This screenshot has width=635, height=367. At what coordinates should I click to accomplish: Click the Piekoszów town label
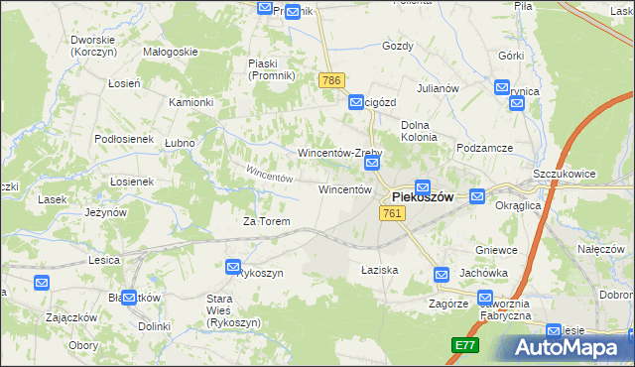pyautogui.click(x=423, y=197)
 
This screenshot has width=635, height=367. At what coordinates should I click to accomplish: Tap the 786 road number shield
pyautogui.click(x=331, y=79)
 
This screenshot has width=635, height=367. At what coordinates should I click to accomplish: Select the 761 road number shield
pyautogui.click(x=392, y=213)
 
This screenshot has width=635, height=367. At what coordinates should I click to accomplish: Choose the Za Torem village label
pyautogui.click(x=267, y=221)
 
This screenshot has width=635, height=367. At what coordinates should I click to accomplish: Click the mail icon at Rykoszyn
pyautogui.click(x=233, y=267)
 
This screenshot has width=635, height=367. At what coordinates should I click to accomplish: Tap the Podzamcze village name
pyautogui.click(x=484, y=148)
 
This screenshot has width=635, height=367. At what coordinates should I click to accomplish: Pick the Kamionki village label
pyautogui.click(x=191, y=102)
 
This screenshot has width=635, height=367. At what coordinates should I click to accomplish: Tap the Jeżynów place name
pyautogui.click(x=105, y=212)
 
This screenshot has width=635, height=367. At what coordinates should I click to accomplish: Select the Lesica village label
pyautogui.click(x=103, y=260)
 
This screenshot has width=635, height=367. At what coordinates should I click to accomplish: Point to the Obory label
pyautogui.click(x=83, y=345)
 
